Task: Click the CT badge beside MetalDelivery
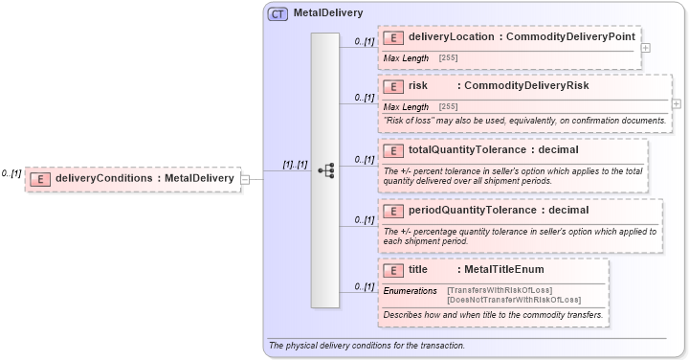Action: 278,13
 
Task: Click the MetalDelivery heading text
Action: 327,13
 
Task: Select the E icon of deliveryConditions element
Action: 39,178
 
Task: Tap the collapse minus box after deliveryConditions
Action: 245,178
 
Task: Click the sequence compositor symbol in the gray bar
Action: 325,170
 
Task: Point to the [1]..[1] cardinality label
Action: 295,165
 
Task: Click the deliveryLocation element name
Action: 452,37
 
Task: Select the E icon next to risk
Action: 392,86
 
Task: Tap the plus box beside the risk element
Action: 677,103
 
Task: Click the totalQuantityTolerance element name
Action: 467,150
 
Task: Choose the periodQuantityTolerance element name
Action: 471,211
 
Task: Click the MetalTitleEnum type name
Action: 503,270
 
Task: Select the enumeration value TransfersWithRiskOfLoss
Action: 500,290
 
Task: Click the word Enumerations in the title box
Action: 410,290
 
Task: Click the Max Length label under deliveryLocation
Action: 406,58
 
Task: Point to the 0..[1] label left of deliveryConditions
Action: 11,173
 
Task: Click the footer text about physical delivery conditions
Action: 367,346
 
